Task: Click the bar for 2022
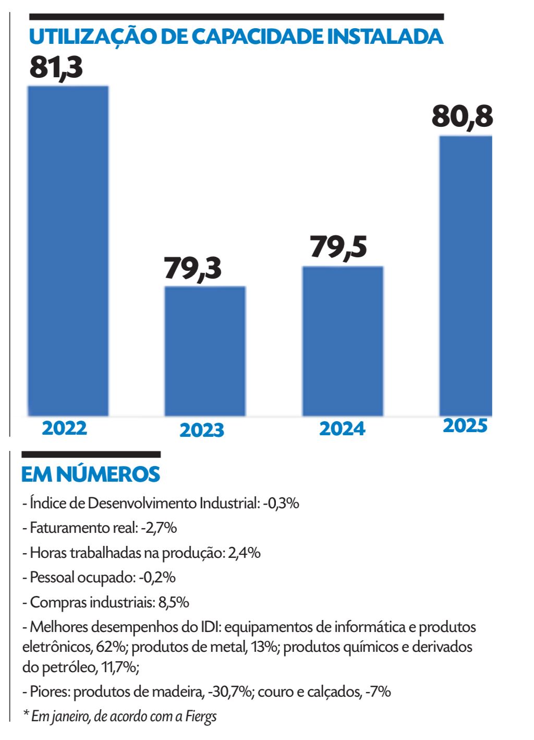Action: tap(68, 250)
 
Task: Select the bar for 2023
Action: tap(205, 351)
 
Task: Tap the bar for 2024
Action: tap(343, 341)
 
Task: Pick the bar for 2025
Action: tap(466, 276)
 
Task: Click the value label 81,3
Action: tap(56, 67)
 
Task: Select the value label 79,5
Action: tap(338, 247)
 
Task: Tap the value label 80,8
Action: tap(462, 116)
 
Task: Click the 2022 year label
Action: tap(65, 428)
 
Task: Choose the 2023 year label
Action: tap(202, 430)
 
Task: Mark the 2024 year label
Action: tap(342, 428)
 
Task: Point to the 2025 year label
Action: tap(465, 426)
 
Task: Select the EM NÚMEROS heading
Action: tap(90, 474)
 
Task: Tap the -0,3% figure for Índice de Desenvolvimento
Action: tap(281, 503)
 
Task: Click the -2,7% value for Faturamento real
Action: tap(159, 528)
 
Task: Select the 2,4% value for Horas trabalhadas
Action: tap(244, 553)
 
